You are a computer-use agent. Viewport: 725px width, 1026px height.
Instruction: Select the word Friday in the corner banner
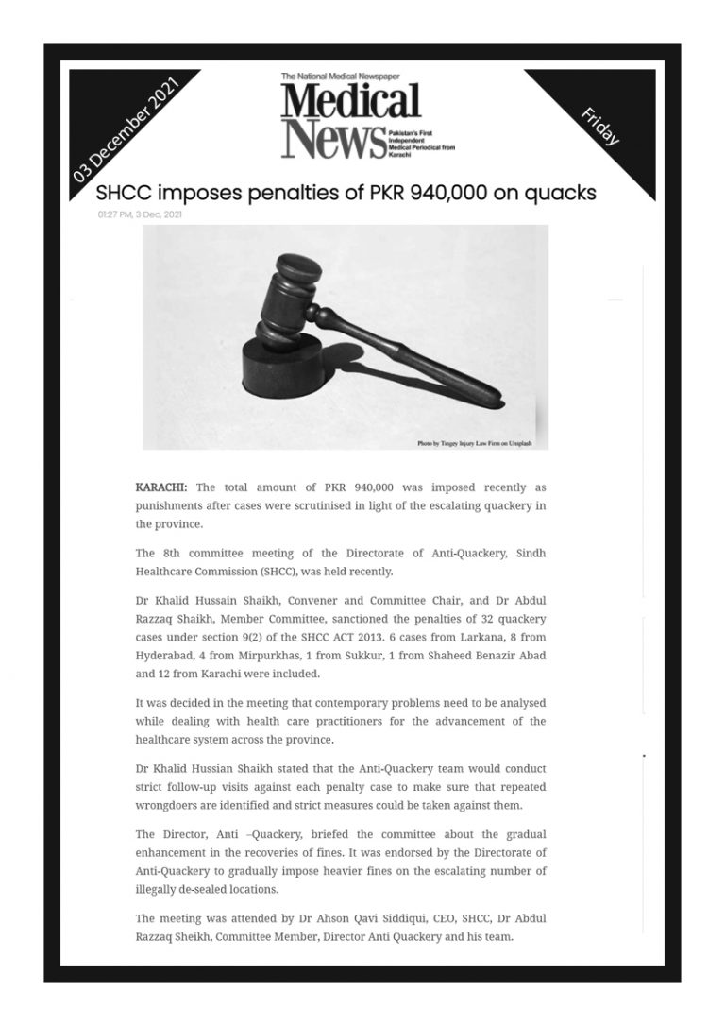(x=600, y=126)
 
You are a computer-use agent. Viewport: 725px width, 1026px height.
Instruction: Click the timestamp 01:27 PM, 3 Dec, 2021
(x=139, y=214)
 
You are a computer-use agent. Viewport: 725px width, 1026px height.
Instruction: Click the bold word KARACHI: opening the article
(x=161, y=487)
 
